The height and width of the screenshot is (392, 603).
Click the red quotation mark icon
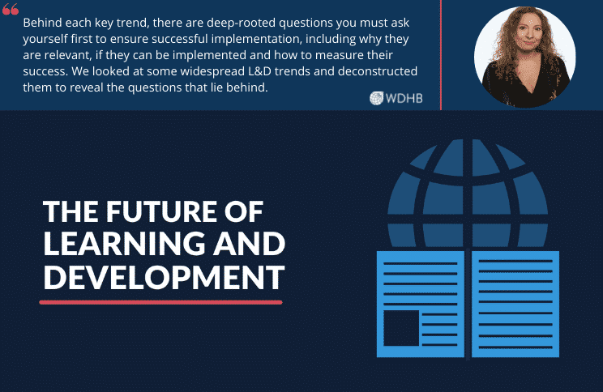pyautogui.click(x=11, y=10)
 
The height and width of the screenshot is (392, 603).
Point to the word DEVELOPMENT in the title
pyautogui.click(x=163, y=276)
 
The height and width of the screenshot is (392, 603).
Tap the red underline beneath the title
pyautogui.click(x=160, y=302)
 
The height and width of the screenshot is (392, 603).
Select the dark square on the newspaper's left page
pyautogui.click(x=401, y=329)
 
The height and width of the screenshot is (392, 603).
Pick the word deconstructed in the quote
pyautogui.click(x=379, y=71)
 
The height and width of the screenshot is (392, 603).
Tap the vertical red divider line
pyautogui.click(x=441, y=54)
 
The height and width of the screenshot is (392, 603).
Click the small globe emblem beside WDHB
pyautogui.click(x=377, y=99)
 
